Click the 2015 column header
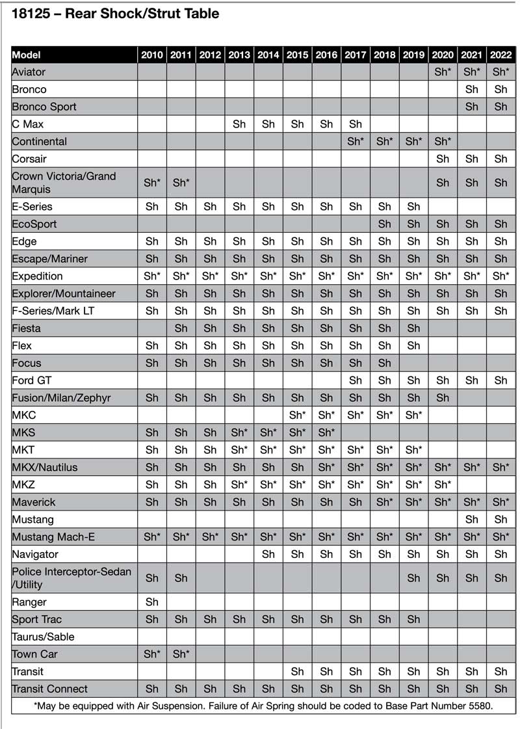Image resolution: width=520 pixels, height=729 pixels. click(x=297, y=55)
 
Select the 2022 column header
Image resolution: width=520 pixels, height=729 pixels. click(x=500, y=55)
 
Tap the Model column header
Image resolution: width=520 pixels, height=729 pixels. click(x=27, y=55)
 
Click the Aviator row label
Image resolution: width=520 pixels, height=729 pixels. click(x=29, y=72)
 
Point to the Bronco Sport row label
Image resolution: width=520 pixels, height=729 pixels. click(x=44, y=107)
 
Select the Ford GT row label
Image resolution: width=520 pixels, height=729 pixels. click(x=32, y=380)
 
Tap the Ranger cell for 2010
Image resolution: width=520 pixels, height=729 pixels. click(x=151, y=602)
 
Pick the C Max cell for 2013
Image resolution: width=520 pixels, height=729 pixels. click(x=239, y=124)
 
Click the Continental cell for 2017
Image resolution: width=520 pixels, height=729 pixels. click(x=356, y=141)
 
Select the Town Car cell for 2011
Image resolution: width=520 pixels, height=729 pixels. click(x=181, y=654)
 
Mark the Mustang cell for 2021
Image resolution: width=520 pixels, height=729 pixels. click(x=472, y=520)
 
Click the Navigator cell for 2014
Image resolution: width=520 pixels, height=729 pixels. click(x=268, y=554)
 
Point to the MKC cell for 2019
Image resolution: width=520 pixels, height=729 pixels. click(x=413, y=415)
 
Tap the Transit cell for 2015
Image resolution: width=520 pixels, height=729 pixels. click(x=297, y=671)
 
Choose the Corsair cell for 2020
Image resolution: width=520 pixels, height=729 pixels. click(x=443, y=159)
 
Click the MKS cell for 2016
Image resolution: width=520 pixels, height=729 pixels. click(x=326, y=432)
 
